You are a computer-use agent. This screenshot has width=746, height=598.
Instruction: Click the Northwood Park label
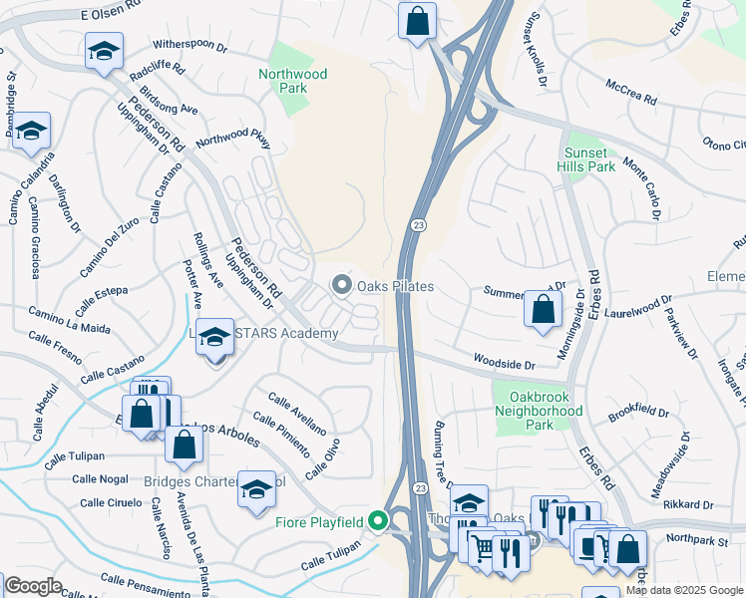tap(292, 81)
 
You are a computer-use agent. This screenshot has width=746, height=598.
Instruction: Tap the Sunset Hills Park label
tap(587, 159)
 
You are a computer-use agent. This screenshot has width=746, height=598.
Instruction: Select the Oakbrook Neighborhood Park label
tap(539, 410)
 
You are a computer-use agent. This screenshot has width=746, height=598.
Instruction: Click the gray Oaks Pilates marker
tap(343, 286)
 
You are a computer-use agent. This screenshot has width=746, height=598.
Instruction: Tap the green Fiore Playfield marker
tap(377, 521)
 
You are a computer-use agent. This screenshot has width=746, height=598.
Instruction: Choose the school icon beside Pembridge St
tap(31, 131)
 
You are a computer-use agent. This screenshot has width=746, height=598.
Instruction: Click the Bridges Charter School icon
tap(256, 488)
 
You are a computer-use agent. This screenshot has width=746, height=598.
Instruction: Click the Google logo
tap(32, 586)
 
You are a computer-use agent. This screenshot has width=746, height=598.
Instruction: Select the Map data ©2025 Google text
tap(683, 590)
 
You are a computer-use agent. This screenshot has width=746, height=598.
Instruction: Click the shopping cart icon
tap(484, 547)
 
